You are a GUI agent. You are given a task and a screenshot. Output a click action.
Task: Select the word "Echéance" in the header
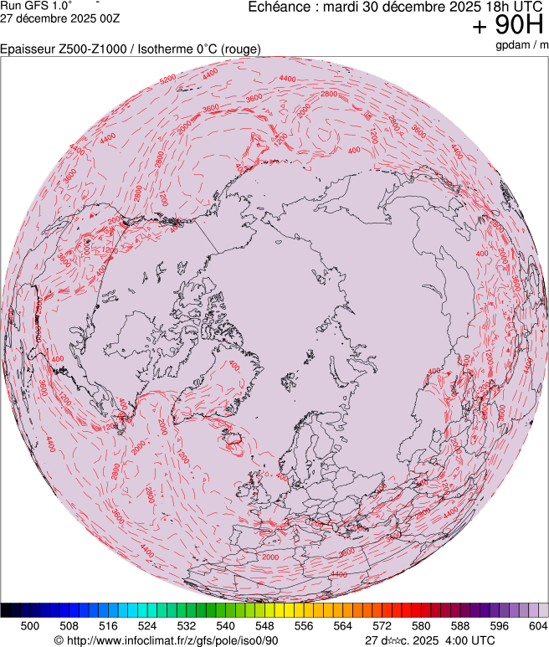pyautogui.click(x=279, y=7)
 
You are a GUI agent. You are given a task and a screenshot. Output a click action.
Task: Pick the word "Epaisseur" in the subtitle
pyautogui.click(x=28, y=49)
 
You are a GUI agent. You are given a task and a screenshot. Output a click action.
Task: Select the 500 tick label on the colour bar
pyautogui.click(x=30, y=625)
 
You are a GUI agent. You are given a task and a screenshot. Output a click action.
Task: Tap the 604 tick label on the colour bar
pyautogui.click(x=537, y=625)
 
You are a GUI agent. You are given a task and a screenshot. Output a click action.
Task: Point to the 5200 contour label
pyautogui.click(x=167, y=79)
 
